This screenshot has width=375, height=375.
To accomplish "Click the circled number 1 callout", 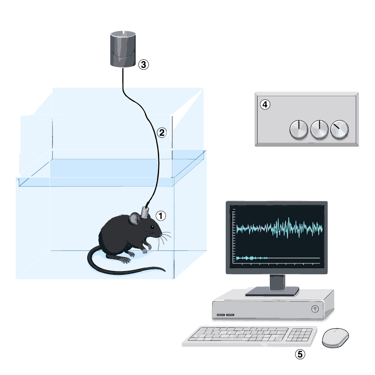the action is pyautogui.click(x=161, y=216).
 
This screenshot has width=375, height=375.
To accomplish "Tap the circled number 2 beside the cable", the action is pyautogui.click(x=162, y=133).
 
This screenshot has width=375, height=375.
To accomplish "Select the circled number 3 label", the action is pyautogui.click(x=143, y=64).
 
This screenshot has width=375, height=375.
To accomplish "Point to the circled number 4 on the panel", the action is pyautogui.click(x=265, y=104).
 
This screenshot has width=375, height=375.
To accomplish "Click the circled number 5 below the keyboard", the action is pyautogui.click(x=300, y=354).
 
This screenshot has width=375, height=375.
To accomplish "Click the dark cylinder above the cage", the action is pyautogui.click(x=123, y=49).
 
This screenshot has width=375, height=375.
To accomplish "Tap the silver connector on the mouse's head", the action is pyautogui.click(x=145, y=212).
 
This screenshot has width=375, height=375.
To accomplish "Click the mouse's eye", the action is pyautogui.click(x=152, y=227).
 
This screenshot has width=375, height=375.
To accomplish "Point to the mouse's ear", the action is pyautogui.click(x=135, y=219).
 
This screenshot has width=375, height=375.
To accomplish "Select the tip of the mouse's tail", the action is pyautogui.click(x=165, y=271).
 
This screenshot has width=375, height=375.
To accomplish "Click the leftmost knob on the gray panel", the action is pyautogui.click(x=299, y=129).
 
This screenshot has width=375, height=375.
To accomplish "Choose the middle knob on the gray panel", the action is pyautogui.click(x=319, y=129).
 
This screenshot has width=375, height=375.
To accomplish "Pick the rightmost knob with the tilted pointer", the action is pyautogui.click(x=339, y=129).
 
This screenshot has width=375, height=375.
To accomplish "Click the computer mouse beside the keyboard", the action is pyautogui.click(x=335, y=337).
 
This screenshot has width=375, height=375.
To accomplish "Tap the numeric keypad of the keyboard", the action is pyautogui.click(x=299, y=335).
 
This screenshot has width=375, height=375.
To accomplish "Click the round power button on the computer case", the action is pyautogui.click(x=315, y=309).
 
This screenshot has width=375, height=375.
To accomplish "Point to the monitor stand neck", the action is pyautogui.click(x=277, y=282).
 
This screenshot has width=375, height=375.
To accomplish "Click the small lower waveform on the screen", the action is pyautogui.click(x=252, y=258).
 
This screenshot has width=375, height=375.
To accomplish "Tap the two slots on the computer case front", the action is pyautogui.click(x=226, y=315).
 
